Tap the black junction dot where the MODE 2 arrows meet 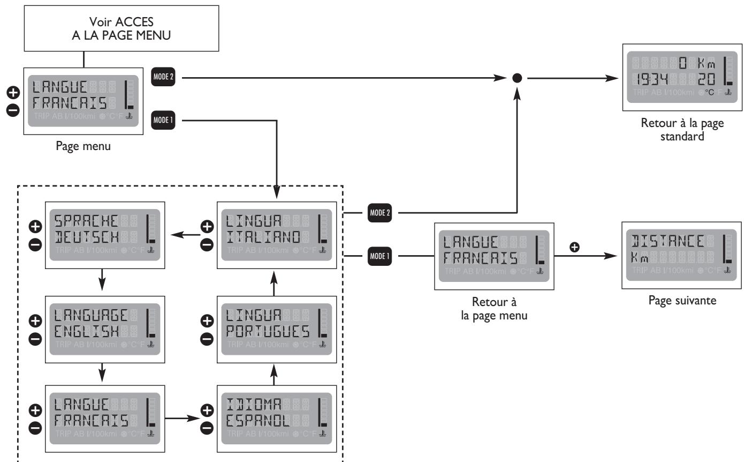point(517,78)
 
